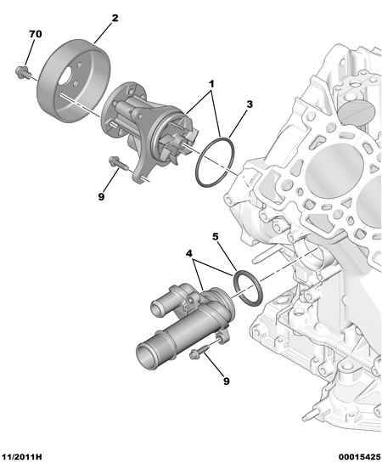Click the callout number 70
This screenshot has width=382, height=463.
click(x=35, y=34)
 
